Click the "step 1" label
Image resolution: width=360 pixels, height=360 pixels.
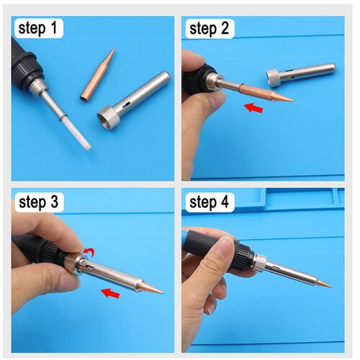[x=37, y=29]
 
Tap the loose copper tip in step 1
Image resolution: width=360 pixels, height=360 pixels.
[x=97, y=76]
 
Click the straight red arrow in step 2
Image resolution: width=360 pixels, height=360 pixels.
[x=253, y=108]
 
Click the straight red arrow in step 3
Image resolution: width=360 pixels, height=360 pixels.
[x=110, y=293]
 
